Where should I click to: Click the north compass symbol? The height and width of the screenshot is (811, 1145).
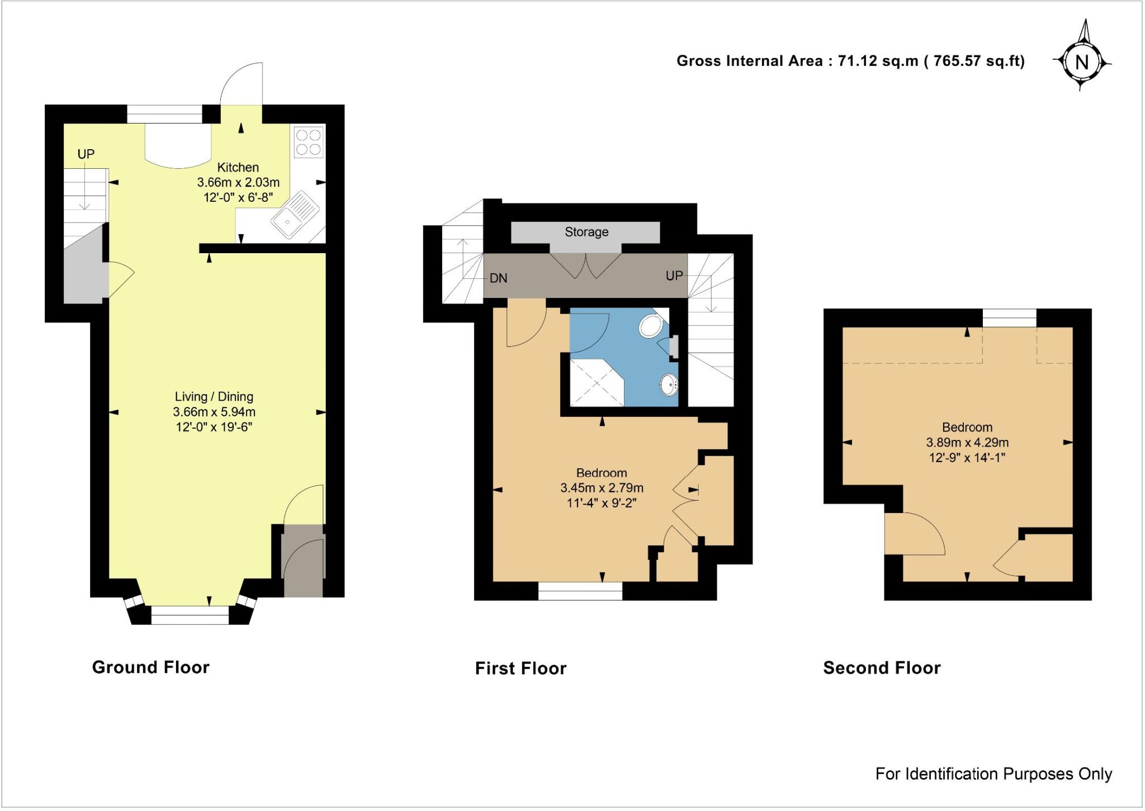(x=1082, y=61)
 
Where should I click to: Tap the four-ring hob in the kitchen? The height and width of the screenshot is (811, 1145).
(x=309, y=142)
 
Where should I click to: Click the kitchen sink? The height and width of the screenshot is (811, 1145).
(x=295, y=215)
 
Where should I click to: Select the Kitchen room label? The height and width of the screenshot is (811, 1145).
(x=238, y=167)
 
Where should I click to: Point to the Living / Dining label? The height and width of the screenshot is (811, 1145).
(x=214, y=397)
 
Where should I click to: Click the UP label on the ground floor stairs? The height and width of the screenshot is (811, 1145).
(x=86, y=154)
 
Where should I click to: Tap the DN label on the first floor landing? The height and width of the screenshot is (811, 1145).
(x=498, y=278)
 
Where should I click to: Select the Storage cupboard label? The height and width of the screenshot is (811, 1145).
(x=586, y=232)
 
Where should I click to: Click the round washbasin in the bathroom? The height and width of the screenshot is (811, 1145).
(x=669, y=385)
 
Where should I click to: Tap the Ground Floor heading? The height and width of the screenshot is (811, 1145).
(x=150, y=667)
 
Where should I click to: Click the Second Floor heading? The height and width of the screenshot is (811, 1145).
(x=882, y=668)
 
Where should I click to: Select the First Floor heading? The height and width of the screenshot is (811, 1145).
(x=521, y=668)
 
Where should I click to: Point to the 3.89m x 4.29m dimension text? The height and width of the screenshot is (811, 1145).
(x=967, y=443)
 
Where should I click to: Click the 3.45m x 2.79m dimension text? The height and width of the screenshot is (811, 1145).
(x=602, y=488)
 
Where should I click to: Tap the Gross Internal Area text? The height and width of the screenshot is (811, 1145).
(x=850, y=61)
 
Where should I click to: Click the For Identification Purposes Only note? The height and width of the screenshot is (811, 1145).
(x=993, y=774)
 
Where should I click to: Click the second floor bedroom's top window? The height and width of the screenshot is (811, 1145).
(x=1010, y=319)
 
